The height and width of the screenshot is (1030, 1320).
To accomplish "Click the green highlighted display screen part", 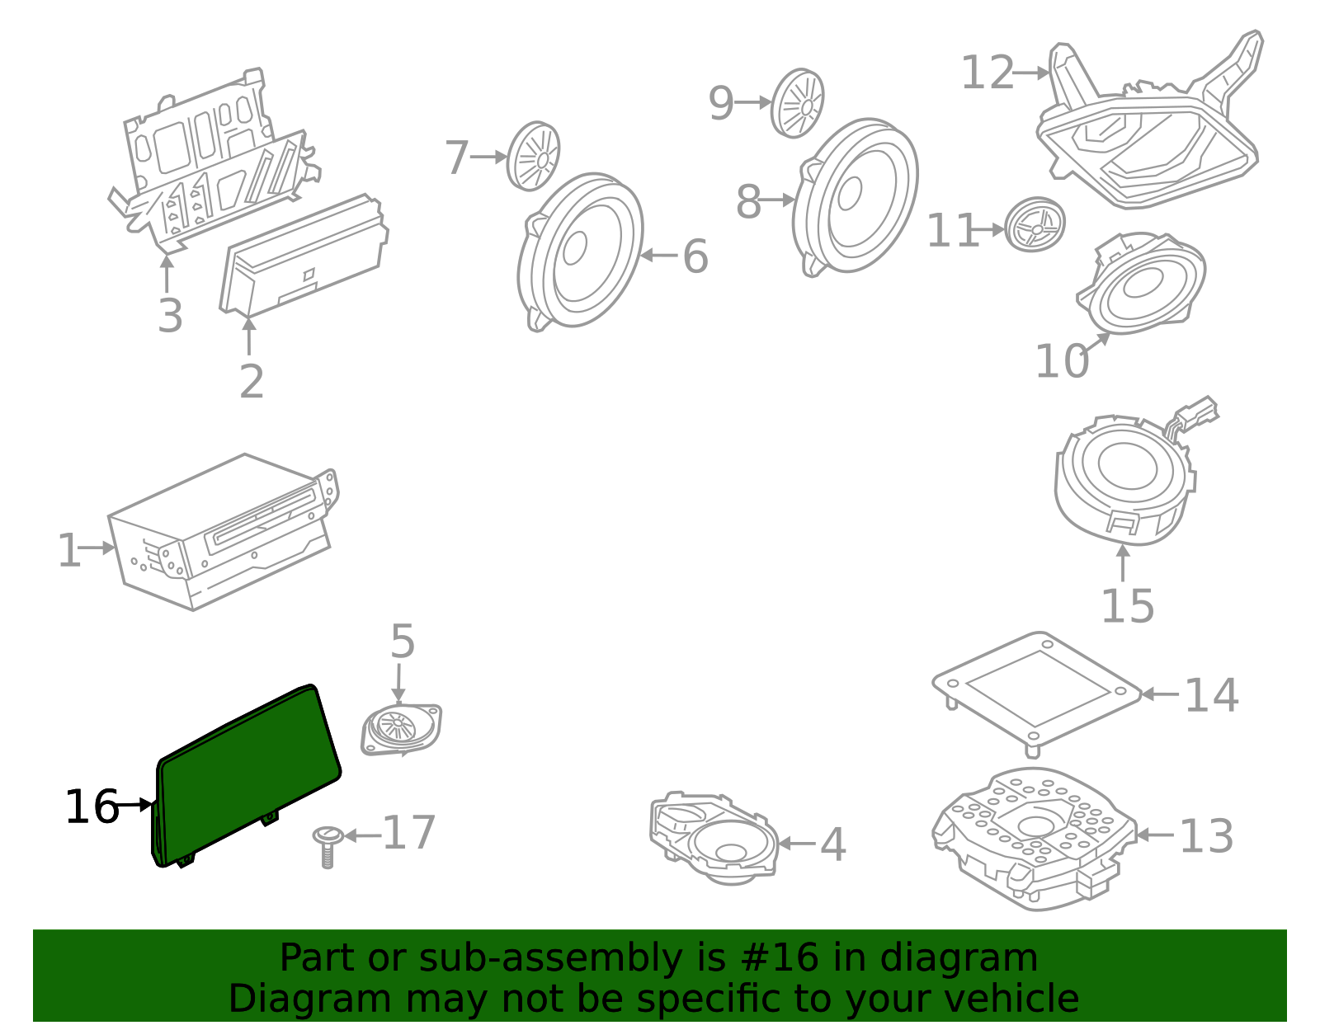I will [x=247, y=775].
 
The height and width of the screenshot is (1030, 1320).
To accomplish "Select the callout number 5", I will [x=402, y=642].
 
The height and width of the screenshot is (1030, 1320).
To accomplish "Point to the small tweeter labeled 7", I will [x=533, y=156].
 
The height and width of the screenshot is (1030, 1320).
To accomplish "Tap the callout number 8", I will [x=748, y=202].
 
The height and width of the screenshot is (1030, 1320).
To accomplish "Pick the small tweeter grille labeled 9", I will [x=798, y=103].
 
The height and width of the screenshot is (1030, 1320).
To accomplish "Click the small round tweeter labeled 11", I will [x=1035, y=224].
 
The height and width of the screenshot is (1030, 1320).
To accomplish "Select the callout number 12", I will [x=988, y=73].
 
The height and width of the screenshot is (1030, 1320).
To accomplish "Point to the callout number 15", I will [x=1128, y=607].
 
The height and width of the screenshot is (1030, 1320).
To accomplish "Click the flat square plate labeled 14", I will [x=1037, y=689].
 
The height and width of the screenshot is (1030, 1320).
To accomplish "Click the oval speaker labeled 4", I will [x=718, y=841].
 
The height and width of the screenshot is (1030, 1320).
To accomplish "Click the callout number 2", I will [x=252, y=381].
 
